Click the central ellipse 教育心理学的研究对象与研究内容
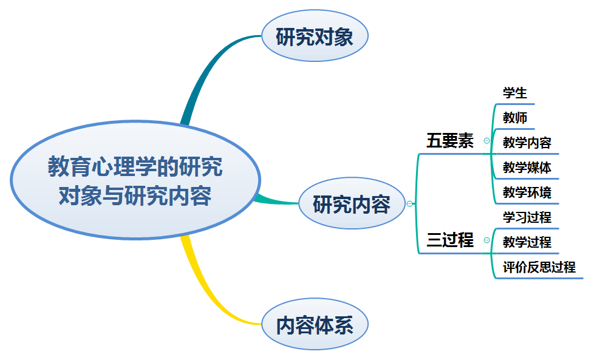point(135,181)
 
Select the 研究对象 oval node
point(314,38)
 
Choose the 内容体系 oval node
point(314,326)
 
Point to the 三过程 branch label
point(450,240)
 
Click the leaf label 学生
point(515,93)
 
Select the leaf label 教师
point(515,118)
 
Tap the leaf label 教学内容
point(527,143)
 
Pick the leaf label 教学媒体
point(527,168)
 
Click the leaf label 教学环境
point(527,193)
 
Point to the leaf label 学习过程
point(527,217)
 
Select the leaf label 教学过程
point(527,242)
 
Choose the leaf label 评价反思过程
point(539,267)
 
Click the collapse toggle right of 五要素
point(486,141)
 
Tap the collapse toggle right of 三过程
point(486,240)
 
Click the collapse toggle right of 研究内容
point(410,204)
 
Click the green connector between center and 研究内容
point(276,199)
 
